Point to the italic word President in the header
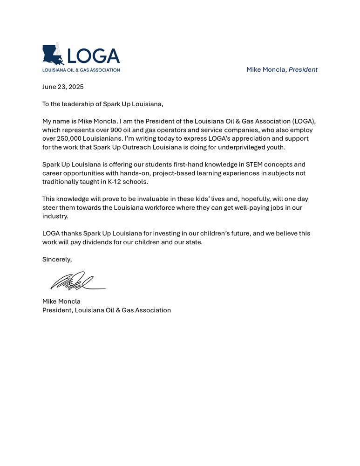click(303, 69)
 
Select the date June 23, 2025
click(63, 87)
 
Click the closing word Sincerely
click(57, 259)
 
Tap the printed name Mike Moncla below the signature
click(61, 302)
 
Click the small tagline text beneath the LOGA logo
click(81, 70)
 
